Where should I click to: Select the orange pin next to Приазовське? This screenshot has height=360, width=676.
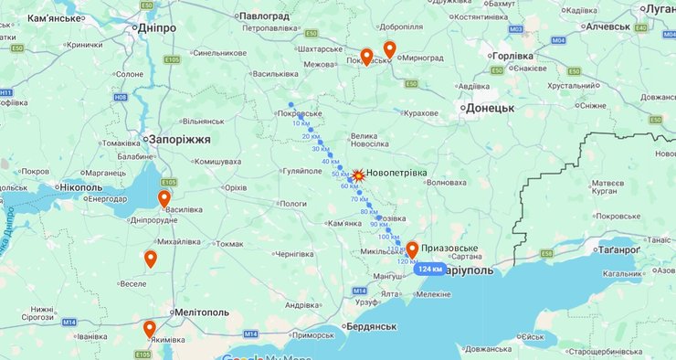412,249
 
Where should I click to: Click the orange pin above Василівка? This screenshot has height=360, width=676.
164,199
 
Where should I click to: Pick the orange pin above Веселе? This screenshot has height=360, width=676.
151,259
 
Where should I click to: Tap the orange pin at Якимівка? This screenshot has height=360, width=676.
149,329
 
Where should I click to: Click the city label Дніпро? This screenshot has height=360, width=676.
162,28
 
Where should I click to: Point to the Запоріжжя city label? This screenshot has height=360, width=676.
181,139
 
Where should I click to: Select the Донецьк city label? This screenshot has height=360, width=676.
491,108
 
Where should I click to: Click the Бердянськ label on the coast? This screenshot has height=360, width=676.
370,327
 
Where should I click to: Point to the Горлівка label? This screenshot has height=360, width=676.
512,56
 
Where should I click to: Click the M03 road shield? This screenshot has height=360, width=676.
516,30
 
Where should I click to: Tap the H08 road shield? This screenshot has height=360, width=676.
121,96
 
